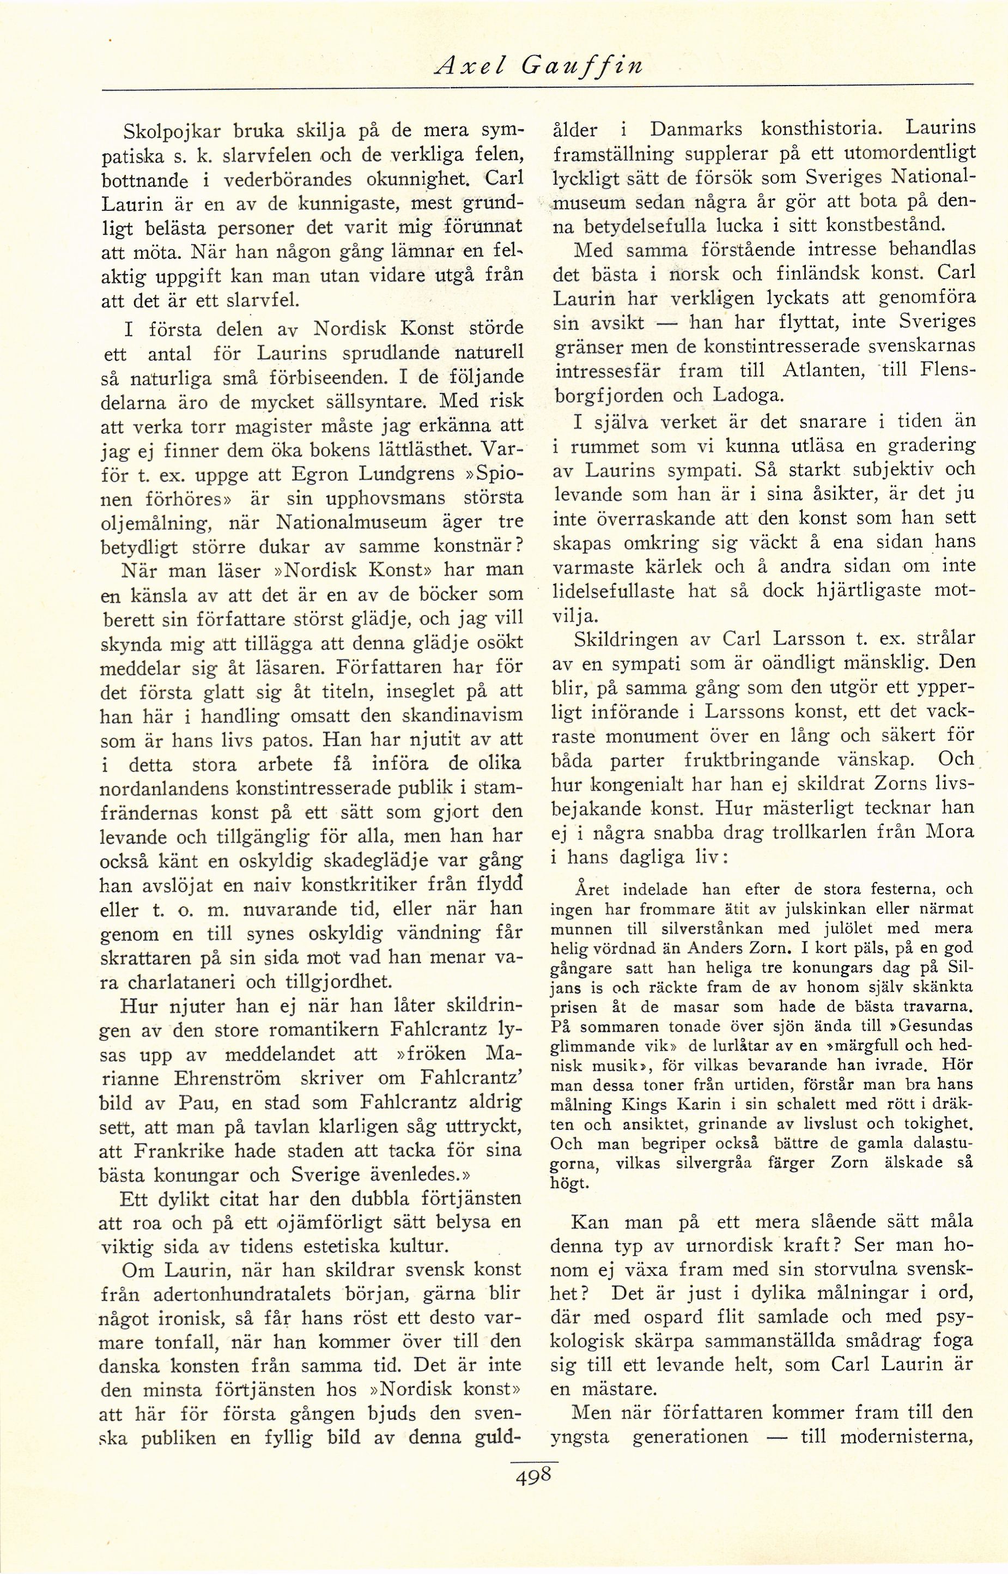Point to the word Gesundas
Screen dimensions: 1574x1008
[934, 1025]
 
